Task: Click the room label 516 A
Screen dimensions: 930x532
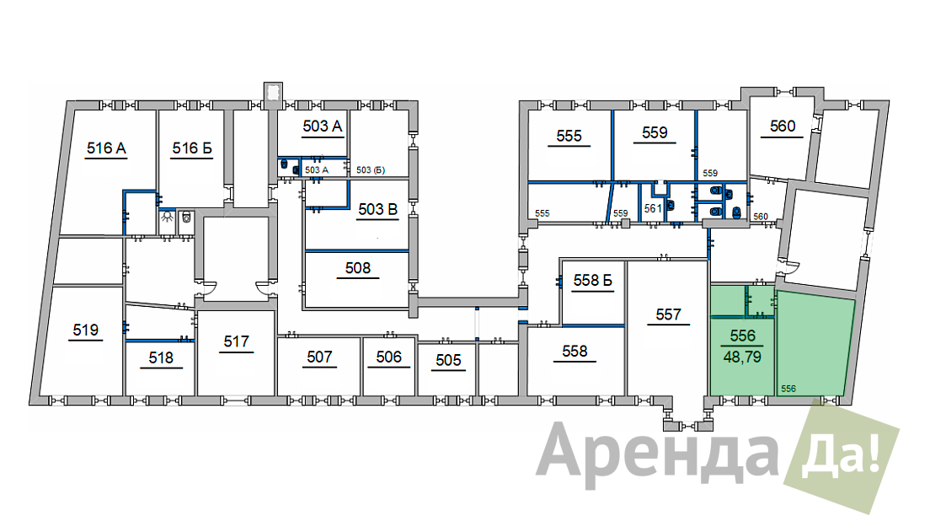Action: point(106,148)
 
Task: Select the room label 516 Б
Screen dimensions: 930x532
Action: point(192,148)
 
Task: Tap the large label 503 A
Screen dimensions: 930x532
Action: point(323,126)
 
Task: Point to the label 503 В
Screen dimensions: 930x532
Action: point(377,209)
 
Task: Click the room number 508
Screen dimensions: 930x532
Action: point(358,268)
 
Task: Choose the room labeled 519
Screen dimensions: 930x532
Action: point(85,330)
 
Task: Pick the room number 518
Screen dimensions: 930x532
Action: point(161,357)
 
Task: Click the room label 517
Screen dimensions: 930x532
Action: point(236,341)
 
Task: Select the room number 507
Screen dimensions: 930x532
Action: point(319,357)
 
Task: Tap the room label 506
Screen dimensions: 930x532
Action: point(388,357)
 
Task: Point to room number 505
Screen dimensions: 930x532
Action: point(448,360)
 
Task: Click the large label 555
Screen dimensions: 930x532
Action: point(569,136)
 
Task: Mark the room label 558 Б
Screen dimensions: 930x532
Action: point(592,280)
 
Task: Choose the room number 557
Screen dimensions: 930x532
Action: point(669,314)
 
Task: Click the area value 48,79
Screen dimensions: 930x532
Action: point(742,357)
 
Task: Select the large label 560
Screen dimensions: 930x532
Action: point(783,126)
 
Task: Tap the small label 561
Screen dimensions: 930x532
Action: point(652,208)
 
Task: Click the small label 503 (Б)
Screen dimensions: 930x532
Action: point(371,169)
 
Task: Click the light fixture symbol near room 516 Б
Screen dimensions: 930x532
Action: point(168,218)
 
